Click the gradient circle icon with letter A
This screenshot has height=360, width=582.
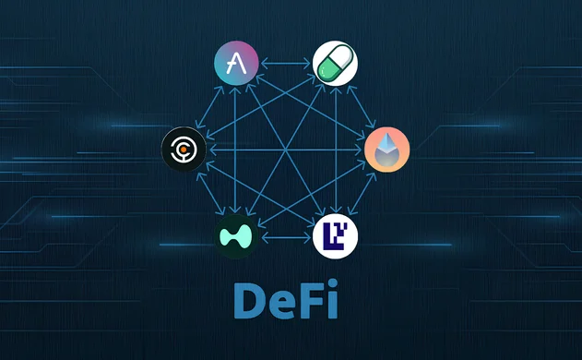[237, 64]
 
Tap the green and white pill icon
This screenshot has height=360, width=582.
[336, 64]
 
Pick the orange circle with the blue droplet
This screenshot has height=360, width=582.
[386, 150]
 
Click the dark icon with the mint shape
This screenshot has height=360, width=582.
[237, 236]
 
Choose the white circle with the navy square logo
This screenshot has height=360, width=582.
[336, 236]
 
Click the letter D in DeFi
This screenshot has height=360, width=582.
[252, 300]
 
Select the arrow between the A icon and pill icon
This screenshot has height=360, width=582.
[286, 64]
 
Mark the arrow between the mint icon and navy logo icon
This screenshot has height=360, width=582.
[286, 237]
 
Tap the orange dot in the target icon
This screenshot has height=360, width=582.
[184, 148]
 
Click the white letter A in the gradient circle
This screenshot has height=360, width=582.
[237, 64]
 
